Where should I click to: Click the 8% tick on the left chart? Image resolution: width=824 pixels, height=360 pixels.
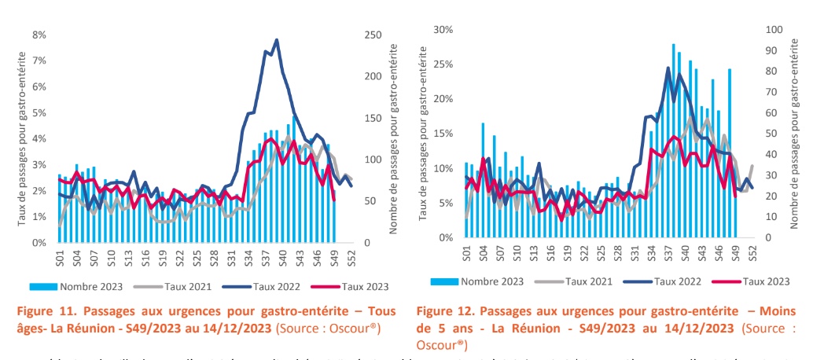[x=37, y=35]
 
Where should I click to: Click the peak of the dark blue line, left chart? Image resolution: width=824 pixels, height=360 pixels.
[x=277, y=40]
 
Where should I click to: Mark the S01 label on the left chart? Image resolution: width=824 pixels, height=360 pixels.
[x=60, y=257]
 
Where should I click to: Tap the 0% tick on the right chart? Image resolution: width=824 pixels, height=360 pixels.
[x=445, y=237]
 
